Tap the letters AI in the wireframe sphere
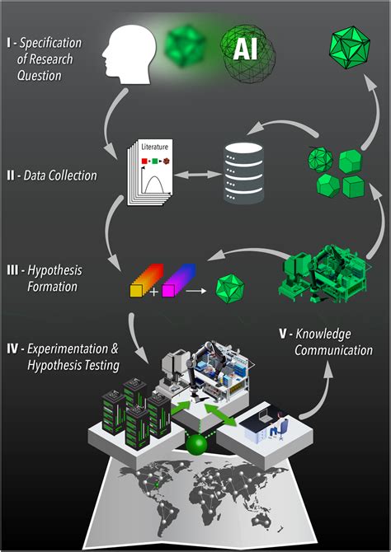(247, 50)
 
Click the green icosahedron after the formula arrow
(229, 289)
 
